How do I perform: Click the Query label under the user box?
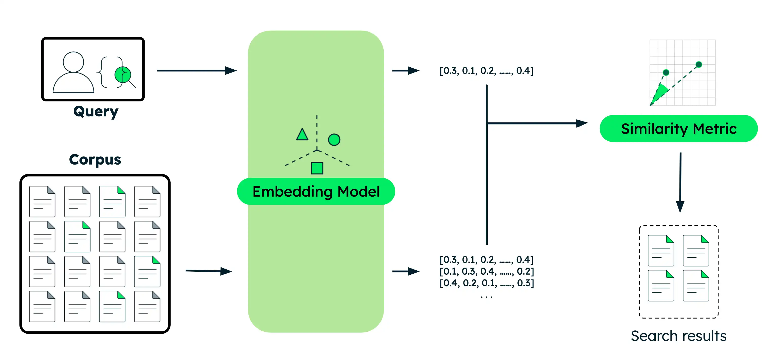[96, 111]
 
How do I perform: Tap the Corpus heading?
[95, 159]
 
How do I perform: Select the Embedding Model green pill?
[316, 191]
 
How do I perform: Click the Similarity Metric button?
[678, 129]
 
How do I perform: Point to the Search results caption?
[678, 336]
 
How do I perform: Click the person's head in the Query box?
[73, 62]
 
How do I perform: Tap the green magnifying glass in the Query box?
[123, 75]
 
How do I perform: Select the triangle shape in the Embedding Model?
[302, 135]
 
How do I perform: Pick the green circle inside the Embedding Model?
[334, 139]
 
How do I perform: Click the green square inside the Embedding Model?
[317, 168]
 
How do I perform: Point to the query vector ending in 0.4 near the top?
[486, 71]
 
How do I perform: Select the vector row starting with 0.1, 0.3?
[486, 271]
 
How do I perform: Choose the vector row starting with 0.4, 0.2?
[486, 283]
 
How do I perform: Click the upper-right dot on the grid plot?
[698, 64]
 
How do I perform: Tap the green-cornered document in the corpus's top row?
[112, 201]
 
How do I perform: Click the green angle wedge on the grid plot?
[661, 92]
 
